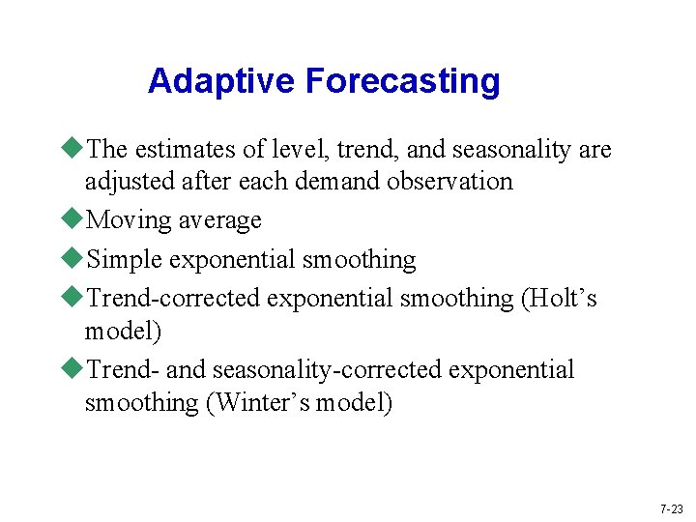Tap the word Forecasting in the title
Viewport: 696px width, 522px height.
(x=403, y=81)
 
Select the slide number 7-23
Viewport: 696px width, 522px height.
(x=671, y=508)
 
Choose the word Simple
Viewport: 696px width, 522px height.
(x=125, y=260)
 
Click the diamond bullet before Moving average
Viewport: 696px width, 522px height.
(x=74, y=219)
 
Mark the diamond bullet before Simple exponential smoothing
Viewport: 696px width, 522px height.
(x=74, y=259)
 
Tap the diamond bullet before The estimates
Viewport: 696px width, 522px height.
(x=74, y=149)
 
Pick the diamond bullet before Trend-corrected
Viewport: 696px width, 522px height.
(x=74, y=298)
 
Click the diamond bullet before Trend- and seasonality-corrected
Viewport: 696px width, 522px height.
(x=74, y=369)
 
